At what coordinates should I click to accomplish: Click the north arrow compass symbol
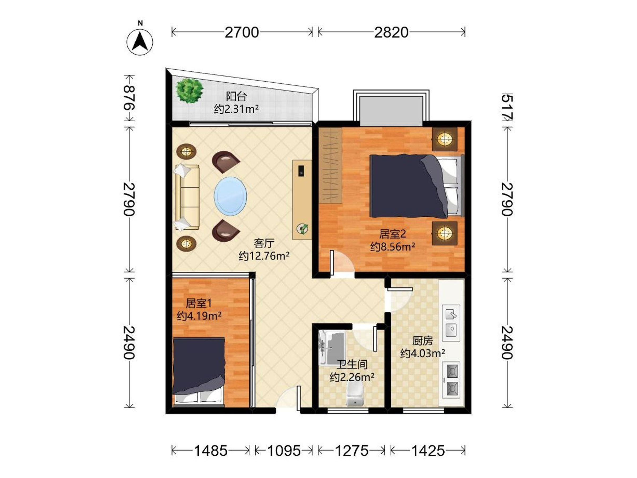click(140, 42)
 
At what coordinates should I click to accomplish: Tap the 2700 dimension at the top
click(242, 32)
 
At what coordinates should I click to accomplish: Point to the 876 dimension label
click(129, 98)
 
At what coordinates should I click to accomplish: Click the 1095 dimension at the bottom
click(284, 451)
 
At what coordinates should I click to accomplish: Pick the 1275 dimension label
click(352, 451)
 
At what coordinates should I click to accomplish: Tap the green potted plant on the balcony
click(190, 91)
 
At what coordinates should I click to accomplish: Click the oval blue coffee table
click(230, 196)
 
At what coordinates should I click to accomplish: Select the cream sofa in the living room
click(187, 197)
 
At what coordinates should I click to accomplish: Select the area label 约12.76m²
click(264, 256)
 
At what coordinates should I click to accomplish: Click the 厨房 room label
click(422, 341)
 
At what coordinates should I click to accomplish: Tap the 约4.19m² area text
click(199, 316)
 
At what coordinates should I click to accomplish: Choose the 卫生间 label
click(352, 365)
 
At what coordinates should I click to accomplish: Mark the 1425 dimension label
click(428, 451)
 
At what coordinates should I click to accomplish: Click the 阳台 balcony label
click(236, 96)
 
